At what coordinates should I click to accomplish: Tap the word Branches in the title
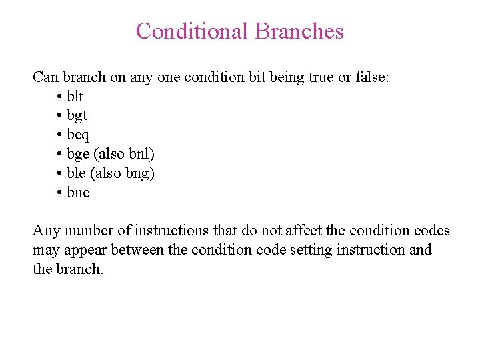click(299, 31)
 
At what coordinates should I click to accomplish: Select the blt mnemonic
click(75, 96)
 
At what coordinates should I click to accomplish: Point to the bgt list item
click(77, 116)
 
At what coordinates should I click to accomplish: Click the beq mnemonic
click(78, 135)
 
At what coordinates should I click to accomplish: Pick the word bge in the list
click(78, 155)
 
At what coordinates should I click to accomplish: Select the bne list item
click(78, 193)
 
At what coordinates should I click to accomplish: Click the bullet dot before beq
click(60, 135)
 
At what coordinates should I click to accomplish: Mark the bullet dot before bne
click(60, 193)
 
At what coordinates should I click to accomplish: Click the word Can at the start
click(45, 77)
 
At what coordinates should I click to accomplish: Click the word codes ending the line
click(431, 231)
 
